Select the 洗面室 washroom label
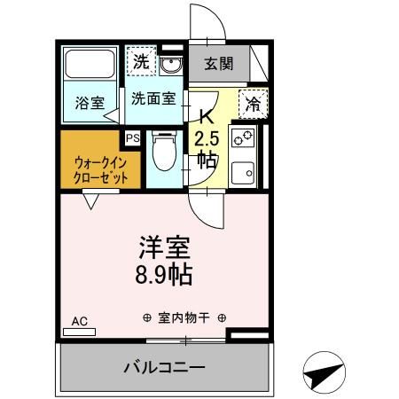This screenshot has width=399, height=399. tap(153, 99)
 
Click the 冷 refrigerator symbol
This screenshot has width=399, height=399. tap(253, 105)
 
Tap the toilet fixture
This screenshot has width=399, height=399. tap(161, 153)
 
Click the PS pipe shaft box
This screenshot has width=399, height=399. tap(132, 138)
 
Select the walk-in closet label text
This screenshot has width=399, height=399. tap(96, 169)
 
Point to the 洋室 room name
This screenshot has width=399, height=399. tap(164, 245)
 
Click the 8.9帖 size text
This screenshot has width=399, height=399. tap(164, 272)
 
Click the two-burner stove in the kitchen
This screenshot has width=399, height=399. tap(242, 138)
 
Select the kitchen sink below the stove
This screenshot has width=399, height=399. tap(242, 170)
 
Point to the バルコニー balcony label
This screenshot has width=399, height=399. tap(164, 366)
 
